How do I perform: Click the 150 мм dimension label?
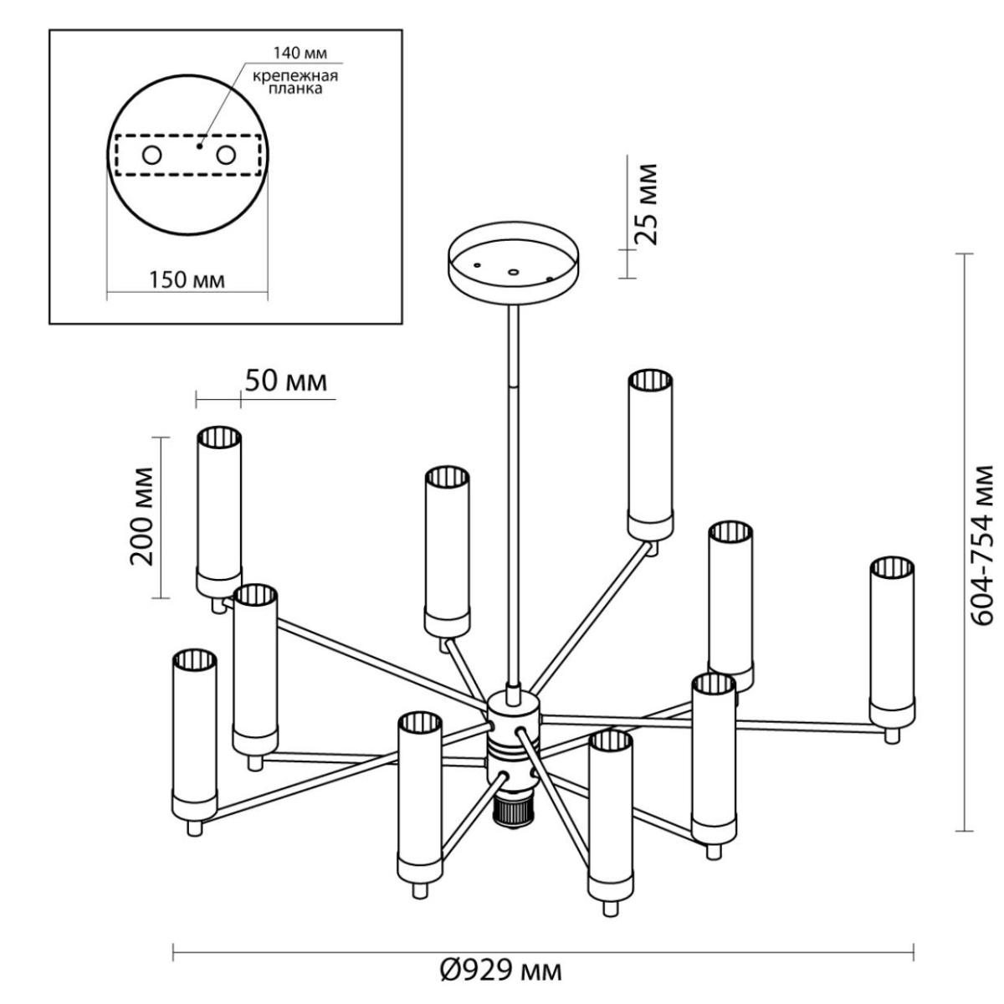[x=187, y=280]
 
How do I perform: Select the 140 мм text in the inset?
[x=300, y=54]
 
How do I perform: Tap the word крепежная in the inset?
[x=295, y=76]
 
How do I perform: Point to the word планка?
[x=295, y=89]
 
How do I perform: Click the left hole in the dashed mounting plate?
[x=151, y=156]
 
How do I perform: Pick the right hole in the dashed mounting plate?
[x=226, y=156]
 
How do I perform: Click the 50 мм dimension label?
[x=286, y=381]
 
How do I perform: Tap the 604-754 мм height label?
[x=984, y=545]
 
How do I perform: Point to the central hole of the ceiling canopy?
[x=514, y=272]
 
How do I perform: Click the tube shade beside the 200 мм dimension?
[x=219, y=511]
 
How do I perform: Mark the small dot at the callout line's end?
[x=198, y=146]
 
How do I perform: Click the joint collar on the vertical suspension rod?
[x=513, y=386]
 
